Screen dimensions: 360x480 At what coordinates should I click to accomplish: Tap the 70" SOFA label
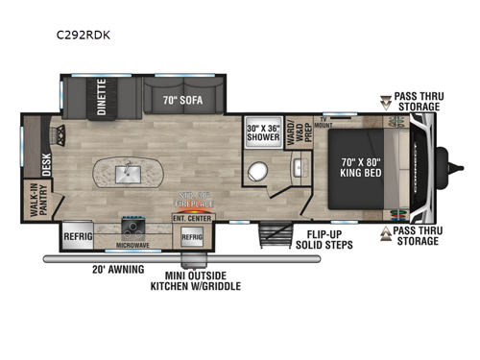tap(183, 97)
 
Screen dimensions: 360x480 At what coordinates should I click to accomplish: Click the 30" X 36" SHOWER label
tap(264, 132)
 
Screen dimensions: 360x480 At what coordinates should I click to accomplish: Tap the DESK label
tap(45, 158)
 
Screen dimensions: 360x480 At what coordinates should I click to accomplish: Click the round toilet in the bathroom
tap(256, 174)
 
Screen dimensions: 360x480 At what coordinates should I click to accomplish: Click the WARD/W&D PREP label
tap(298, 128)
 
